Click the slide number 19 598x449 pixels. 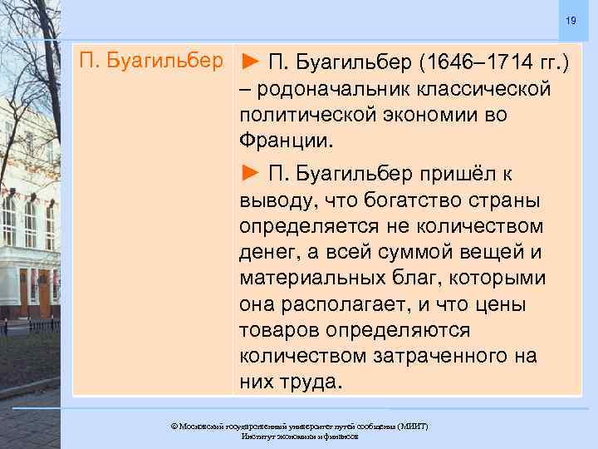tap(571, 20)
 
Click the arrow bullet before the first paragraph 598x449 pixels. tap(251, 62)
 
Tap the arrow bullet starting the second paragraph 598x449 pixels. tap(251, 172)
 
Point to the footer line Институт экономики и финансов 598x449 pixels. tap(299, 436)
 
